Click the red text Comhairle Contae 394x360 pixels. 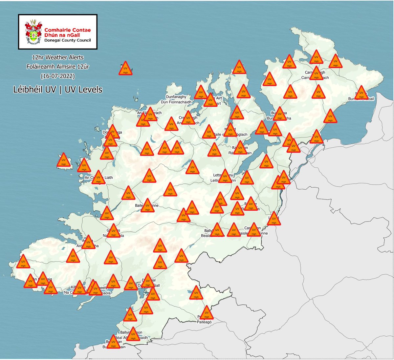click(x=68, y=30)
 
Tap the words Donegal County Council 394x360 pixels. click(x=68, y=40)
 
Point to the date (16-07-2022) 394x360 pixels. click(x=58, y=76)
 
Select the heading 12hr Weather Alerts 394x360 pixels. click(x=58, y=57)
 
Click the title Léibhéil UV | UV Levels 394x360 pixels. click(x=58, y=89)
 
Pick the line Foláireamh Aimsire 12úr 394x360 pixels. click(x=58, y=67)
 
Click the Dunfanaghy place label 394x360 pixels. click(x=176, y=97)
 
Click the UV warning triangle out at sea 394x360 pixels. click(x=125, y=69)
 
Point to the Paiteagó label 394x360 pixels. click(x=205, y=322)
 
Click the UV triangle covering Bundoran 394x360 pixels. click(x=113, y=343)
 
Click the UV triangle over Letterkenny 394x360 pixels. click(x=225, y=177)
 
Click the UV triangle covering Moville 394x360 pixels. click(x=361, y=94)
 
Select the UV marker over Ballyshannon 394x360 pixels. click(x=133, y=335)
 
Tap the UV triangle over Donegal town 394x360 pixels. click(x=148, y=282)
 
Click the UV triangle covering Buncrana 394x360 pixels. click(x=279, y=115)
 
